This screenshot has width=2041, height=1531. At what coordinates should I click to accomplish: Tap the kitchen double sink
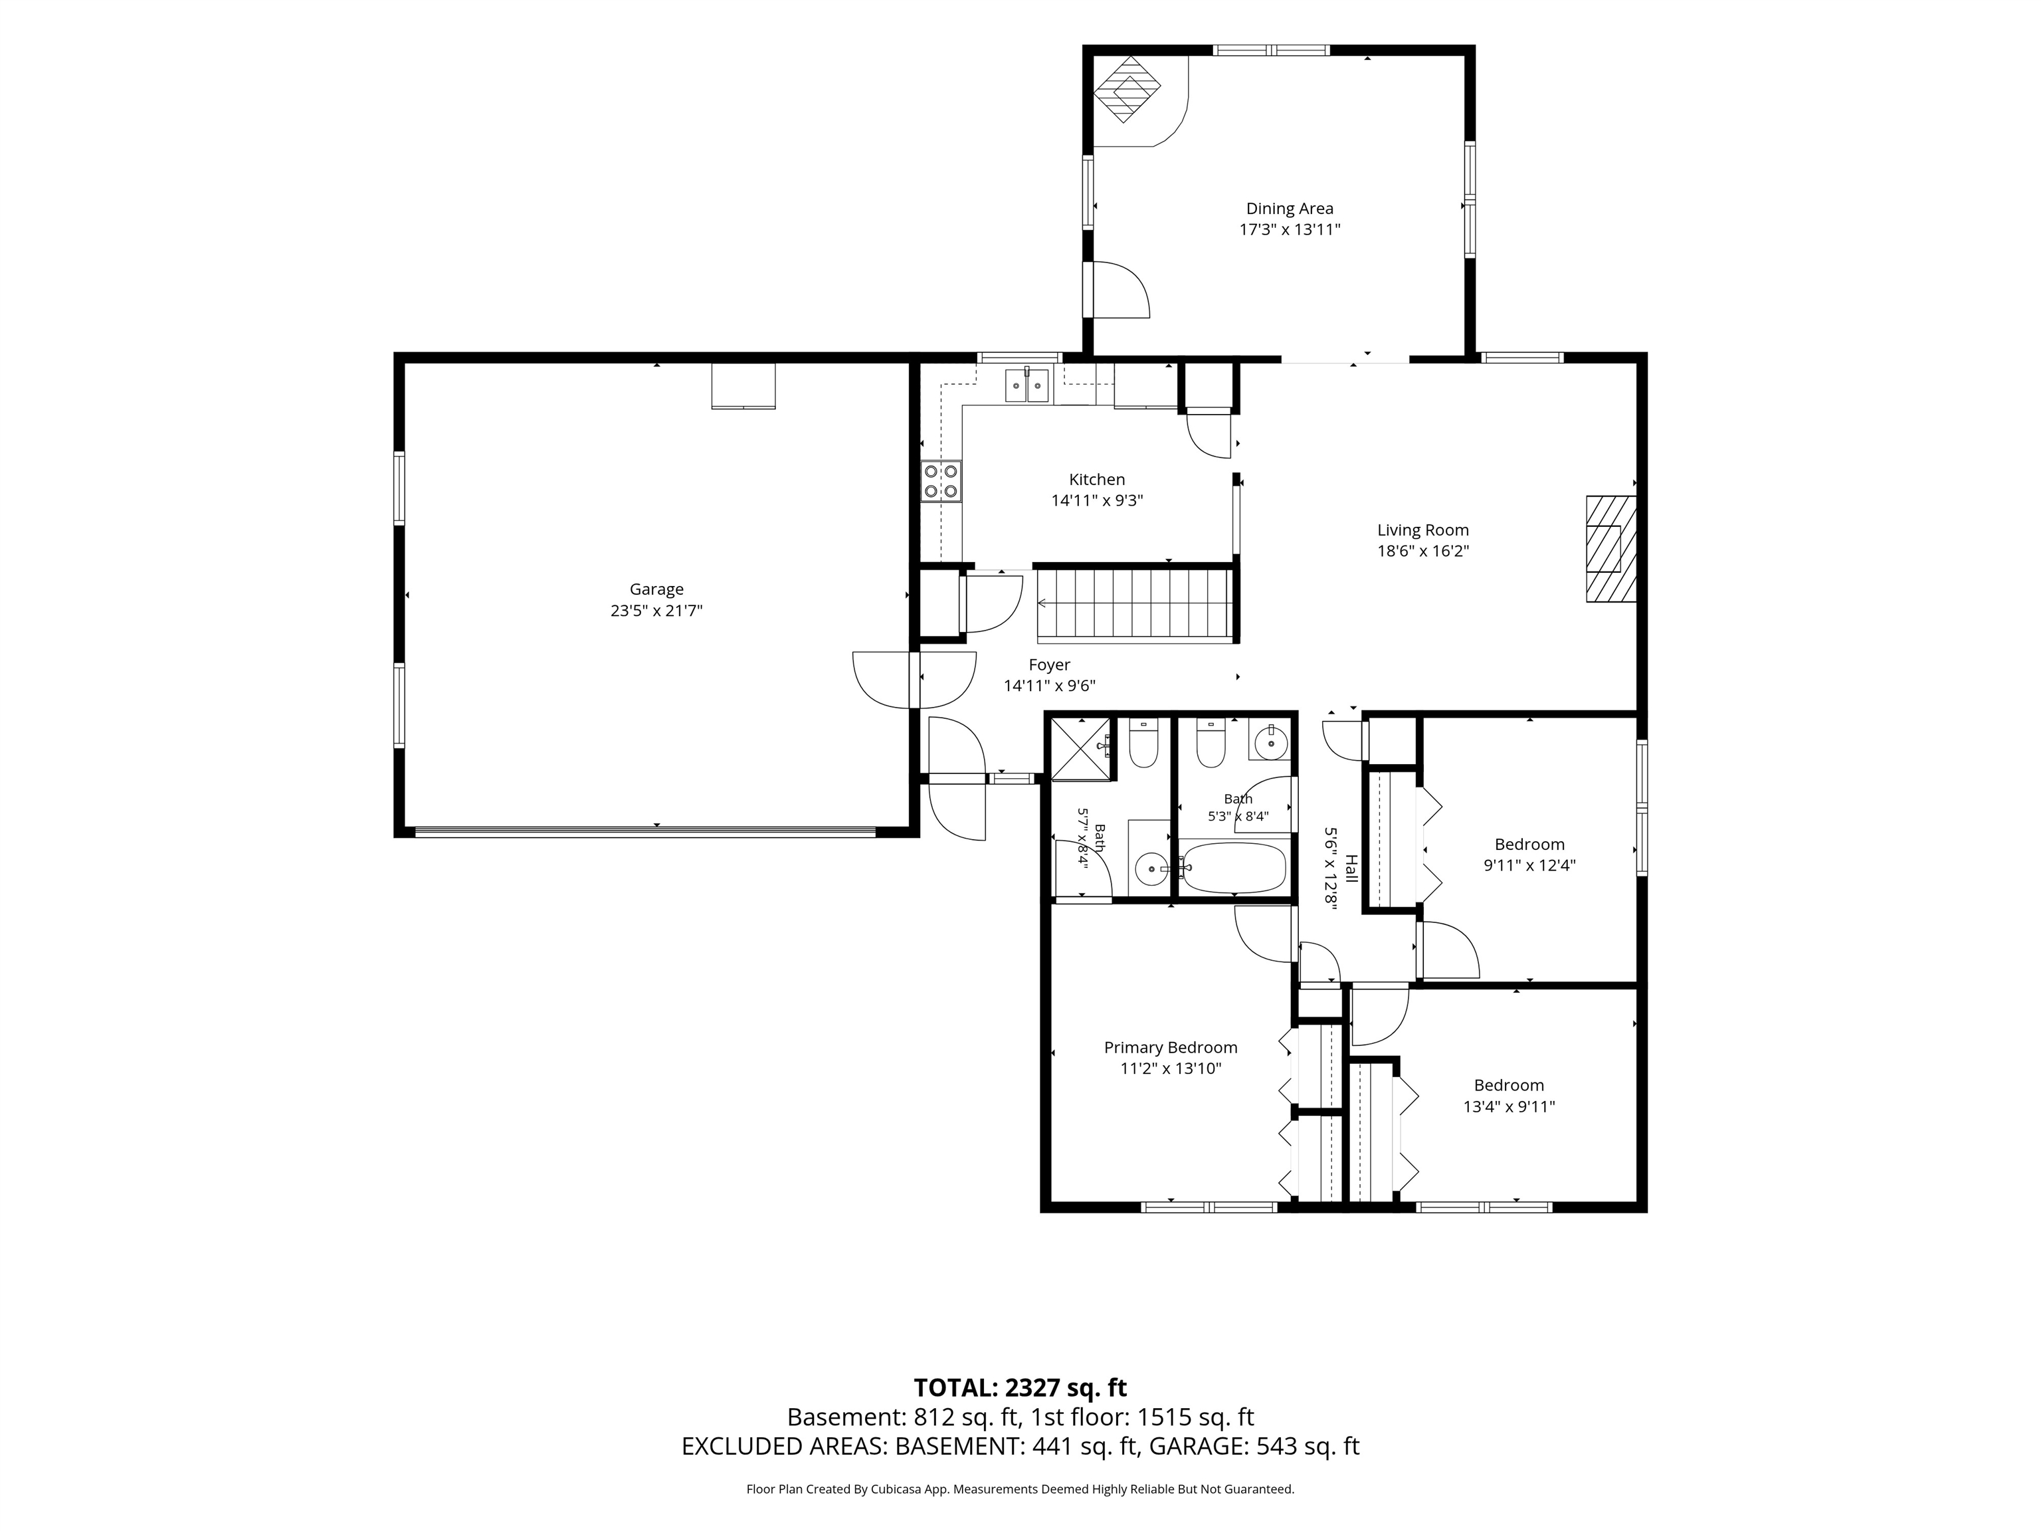tap(1027, 385)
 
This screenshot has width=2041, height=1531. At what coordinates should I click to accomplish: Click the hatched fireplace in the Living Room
tap(1610, 549)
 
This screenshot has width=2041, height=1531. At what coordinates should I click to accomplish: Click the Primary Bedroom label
tap(1170, 1047)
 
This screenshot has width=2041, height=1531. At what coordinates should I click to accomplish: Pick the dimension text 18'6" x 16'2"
tap(1423, 551)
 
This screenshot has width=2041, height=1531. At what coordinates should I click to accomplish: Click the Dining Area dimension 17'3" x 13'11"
tap(1289, 230)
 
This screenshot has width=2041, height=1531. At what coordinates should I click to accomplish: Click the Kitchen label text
tap(1097, 479)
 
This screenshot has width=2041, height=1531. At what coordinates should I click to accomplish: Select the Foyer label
tap(1049, 664)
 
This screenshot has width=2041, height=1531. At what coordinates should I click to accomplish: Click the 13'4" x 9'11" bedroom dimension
tap(1509, 1106)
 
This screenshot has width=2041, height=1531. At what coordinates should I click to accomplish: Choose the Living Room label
tap(1423, 530)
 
